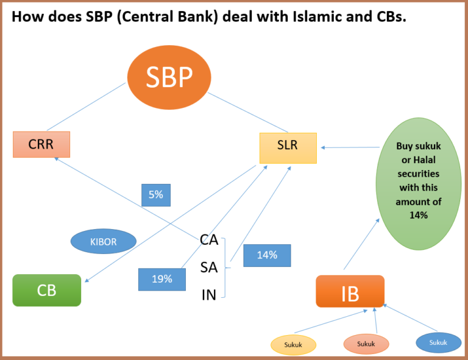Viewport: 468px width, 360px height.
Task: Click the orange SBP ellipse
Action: click(x=169, y=77)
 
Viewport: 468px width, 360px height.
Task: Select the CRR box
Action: click(x=41, y=144)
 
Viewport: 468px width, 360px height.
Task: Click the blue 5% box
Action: click(x=156, y=195)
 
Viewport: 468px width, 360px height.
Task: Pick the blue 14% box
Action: click(x=267, y=255)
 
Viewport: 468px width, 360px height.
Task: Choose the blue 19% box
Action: click(x=162, y=279)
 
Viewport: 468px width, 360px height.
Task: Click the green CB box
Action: click(x=47, y=290)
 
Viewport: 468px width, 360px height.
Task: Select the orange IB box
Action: click(x=350, y=291)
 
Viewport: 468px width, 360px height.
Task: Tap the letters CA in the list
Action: click(x=208, y=240)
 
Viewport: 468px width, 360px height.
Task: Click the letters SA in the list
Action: click(x=208, y=267)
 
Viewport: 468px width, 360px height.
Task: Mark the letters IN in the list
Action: click(x=208, y=295)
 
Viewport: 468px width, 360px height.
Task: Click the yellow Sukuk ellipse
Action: click(x=293, y=344)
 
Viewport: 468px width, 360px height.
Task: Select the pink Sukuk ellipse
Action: click(x=366, y=344)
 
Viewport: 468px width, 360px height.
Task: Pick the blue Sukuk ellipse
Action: click(x=438, y=342)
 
